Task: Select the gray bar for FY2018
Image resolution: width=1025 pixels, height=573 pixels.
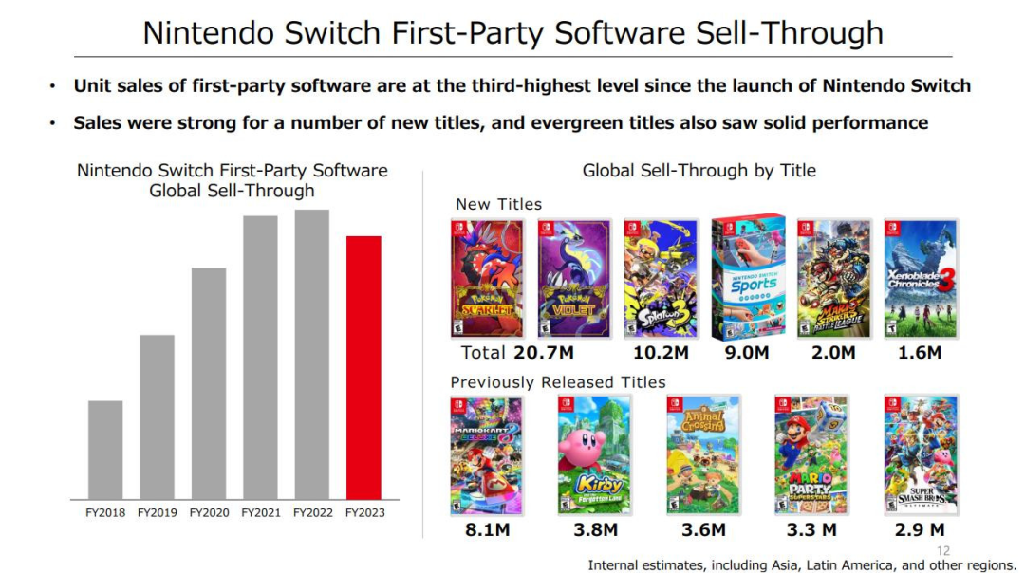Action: tap(105, 450)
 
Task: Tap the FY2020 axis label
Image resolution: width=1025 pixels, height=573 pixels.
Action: tap(209, 513)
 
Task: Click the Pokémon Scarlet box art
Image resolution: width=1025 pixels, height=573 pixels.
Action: tap(487, 279)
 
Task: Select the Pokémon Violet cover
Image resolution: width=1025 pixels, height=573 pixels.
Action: tap(574, 279)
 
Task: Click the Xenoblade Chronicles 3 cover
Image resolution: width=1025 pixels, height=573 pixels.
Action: tap(921, 279)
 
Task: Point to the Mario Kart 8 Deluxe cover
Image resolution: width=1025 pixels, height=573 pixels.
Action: tap(486, 455)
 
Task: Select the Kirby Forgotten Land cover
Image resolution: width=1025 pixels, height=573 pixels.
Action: tap(595, 455)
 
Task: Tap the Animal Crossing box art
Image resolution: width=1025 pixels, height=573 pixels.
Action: tap(703, 455)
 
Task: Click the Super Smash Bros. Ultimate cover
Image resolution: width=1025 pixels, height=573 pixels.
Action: tap(920, 455)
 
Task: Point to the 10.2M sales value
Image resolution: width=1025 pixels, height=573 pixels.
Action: tap(661, 353)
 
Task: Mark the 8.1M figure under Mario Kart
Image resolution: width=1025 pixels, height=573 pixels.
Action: tap(487, 530)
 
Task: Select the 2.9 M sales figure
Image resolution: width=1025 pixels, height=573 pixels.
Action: tap(920, 530)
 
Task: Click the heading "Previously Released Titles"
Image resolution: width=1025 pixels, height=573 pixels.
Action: tap(558, 382)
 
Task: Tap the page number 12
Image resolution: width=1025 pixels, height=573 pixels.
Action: tap(942, 550)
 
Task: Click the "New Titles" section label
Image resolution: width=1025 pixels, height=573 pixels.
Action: tap(498, 204)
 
